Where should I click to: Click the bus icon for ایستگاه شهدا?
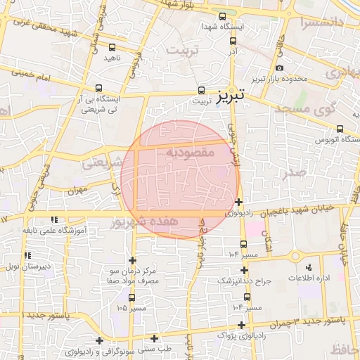click(x=222, y=16)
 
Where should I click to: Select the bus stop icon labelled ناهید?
click(x=112, y=47)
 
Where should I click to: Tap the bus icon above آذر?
click(x=233, y=40)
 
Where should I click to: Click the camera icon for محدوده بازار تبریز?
click(x=280, y=67)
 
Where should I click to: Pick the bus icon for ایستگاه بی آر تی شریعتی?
click(x=98, y=89)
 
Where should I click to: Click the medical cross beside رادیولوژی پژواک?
click(x=243, y=325)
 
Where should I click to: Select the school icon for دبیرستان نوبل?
click(x=27, y=256)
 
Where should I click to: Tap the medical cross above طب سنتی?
click(x=154, y=338)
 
